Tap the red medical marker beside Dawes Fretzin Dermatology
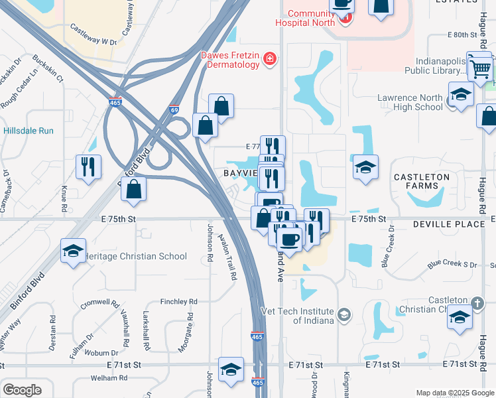(270, 60)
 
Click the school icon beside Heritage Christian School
(73, 251)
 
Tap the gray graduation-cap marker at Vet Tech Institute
(343, 314)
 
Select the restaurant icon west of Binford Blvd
(88, 167)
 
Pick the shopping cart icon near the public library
(480, 68)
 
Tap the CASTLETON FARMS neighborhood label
(421, 182)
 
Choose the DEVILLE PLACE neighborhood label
(448, 225)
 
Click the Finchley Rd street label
(174, 301)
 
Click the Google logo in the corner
(21, 390)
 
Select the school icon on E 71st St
(231, 370)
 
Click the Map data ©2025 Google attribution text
(454, 393)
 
